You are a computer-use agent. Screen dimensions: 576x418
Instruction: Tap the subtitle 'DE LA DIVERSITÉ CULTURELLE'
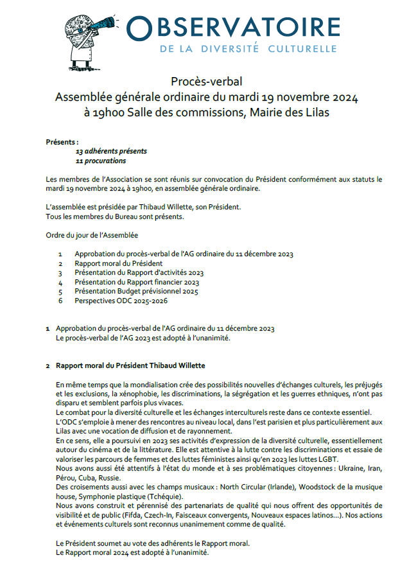(248, 49)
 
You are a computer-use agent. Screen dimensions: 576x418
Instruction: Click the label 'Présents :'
(62, 141)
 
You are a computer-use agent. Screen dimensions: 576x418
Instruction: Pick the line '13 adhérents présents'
(111, 151)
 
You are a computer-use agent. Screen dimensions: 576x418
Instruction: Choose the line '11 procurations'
(100, 161)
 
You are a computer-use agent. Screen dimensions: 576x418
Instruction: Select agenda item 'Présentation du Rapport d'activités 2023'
(139, 273)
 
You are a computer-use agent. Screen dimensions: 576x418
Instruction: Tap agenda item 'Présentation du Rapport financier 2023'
(137, 282)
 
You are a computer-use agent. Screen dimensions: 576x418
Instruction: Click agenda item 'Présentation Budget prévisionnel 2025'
(136, 291)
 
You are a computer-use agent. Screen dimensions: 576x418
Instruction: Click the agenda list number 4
(60, 282)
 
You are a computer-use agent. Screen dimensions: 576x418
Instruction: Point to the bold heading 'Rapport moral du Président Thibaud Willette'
(130, 366)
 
